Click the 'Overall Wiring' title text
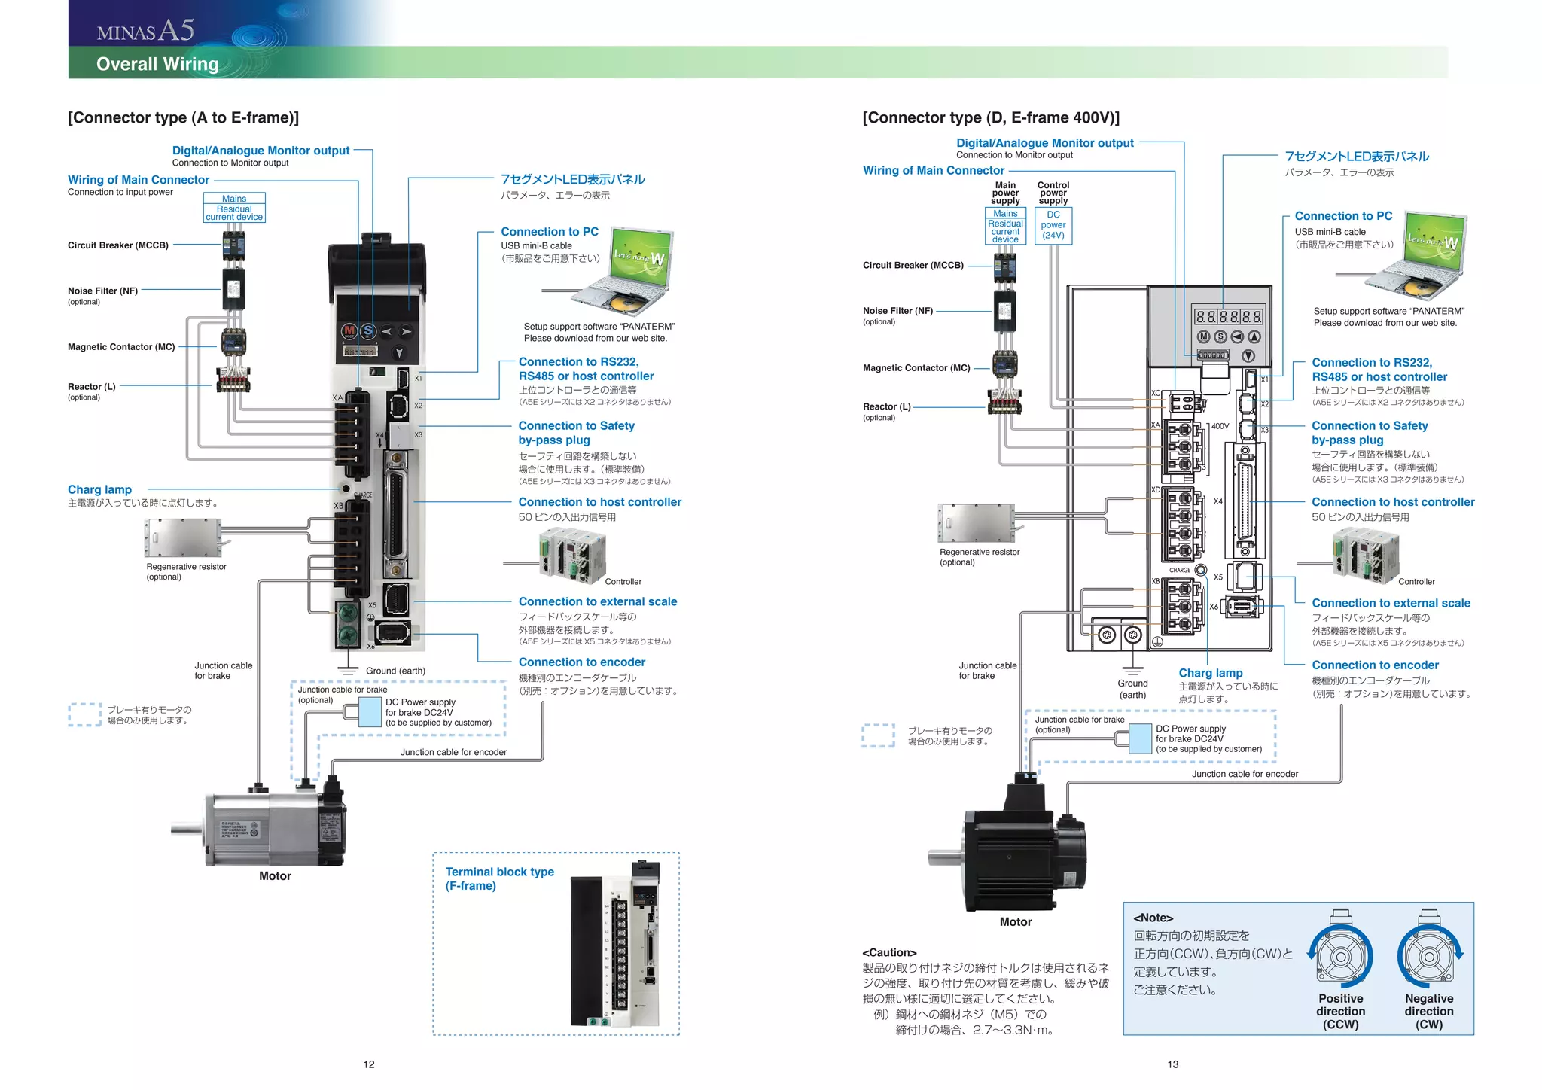click(157, 64)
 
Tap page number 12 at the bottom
click(369, 1064)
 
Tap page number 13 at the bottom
click(1173, 1064)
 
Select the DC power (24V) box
click(1053, 225)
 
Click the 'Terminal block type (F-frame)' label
click(499, 878)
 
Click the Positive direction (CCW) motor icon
click(1340, 956)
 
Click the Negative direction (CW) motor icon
click(1428, 956)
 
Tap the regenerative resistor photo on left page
click(182, 537)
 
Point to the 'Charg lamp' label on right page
click(1210, 673)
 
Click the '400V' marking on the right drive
click(1220, 426)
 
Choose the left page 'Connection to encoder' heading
click(581, 662)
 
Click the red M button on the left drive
click(349, 330)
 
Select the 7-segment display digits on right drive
click(1228, 316)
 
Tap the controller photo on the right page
click(1365, 556)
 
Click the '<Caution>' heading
click(889, 952)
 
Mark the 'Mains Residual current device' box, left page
click(234, 208)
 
